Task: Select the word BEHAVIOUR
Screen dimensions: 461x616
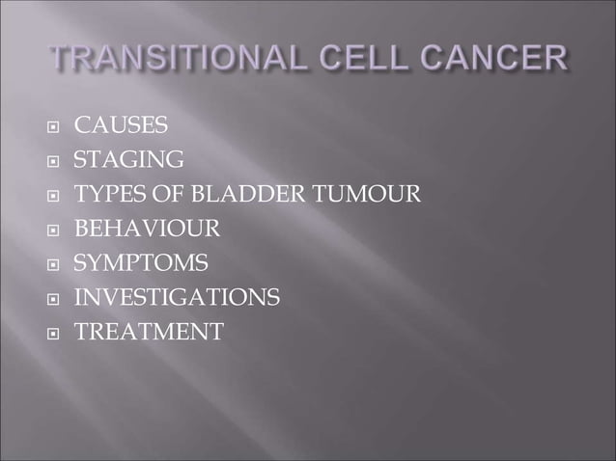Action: pyautogui.click(x=148, y=230)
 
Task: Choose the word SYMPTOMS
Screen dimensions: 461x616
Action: pyautogui.click(x=141, y=263)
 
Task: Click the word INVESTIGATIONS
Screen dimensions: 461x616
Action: pyautogui.click(x=178, y=298)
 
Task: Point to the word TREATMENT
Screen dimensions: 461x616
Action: pyautogui.click(x=149, y=333)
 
